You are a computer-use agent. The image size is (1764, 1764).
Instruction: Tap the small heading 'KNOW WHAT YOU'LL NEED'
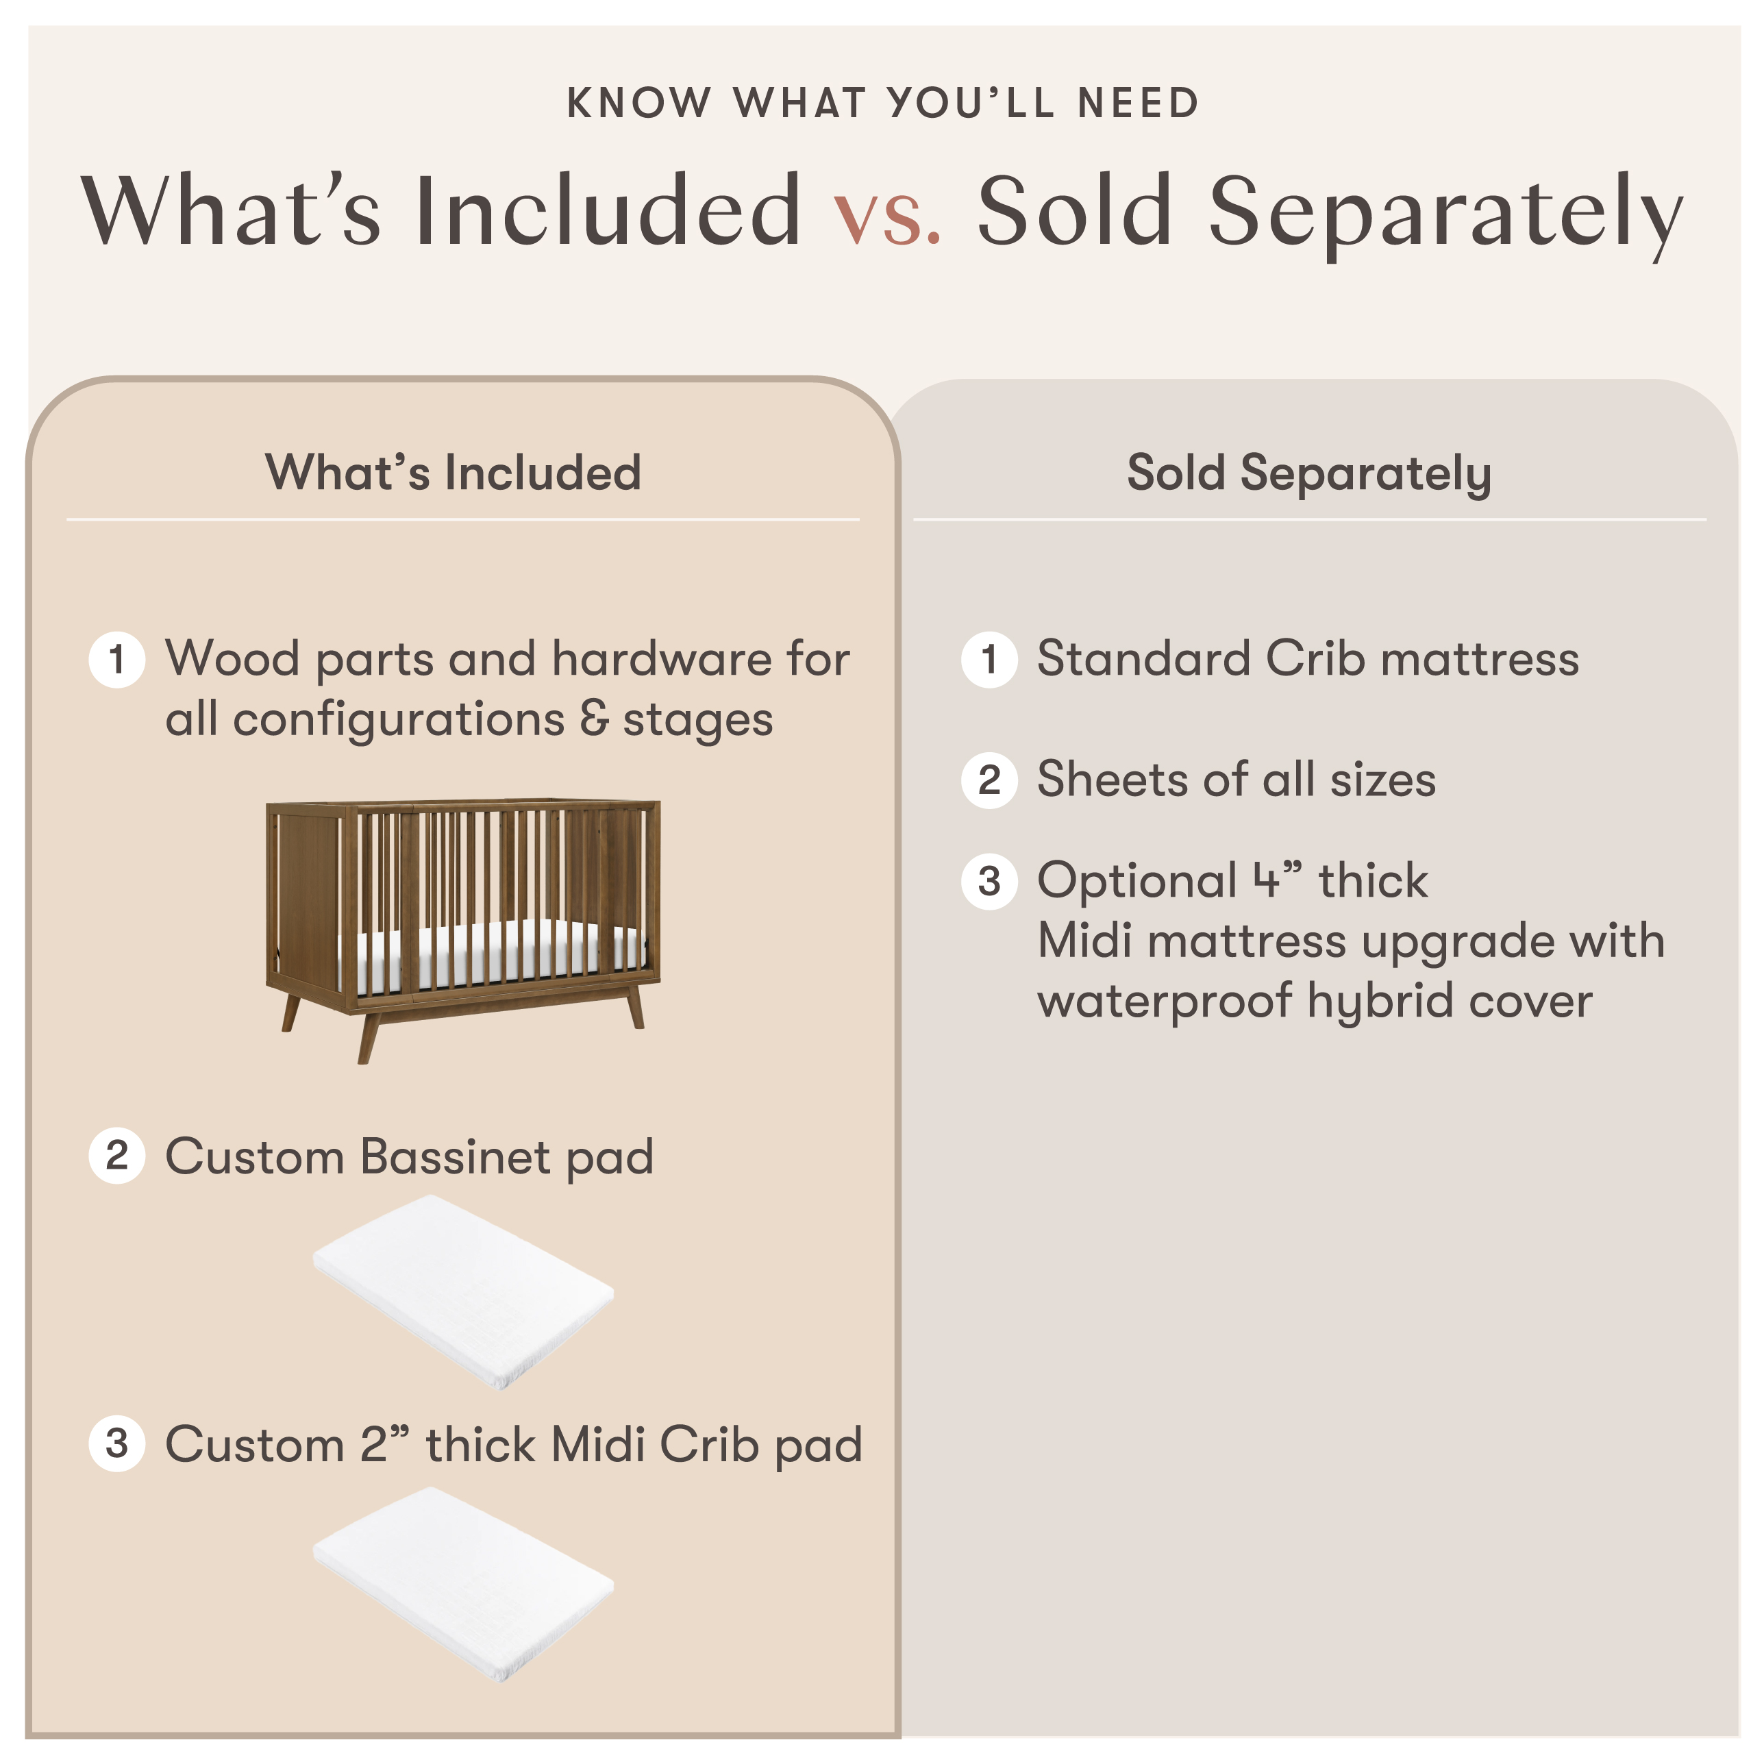point(882,103)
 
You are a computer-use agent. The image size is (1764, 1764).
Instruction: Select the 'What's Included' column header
point(453,473)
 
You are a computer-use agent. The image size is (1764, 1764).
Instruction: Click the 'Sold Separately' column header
point(1308,473)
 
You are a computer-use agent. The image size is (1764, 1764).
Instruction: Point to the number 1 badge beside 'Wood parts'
point(117,659)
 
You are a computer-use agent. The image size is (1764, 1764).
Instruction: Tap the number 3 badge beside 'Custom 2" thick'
point(117,1443)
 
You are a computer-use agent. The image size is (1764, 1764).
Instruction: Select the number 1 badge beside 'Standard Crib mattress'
point(989,659)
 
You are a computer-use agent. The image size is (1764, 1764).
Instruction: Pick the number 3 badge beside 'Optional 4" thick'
point(989,881)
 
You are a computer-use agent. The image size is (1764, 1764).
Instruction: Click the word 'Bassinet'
point(456,1157)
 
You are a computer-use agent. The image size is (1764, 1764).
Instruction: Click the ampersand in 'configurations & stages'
point(593,719)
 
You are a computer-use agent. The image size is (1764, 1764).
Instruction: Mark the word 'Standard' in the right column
point(1143,658)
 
